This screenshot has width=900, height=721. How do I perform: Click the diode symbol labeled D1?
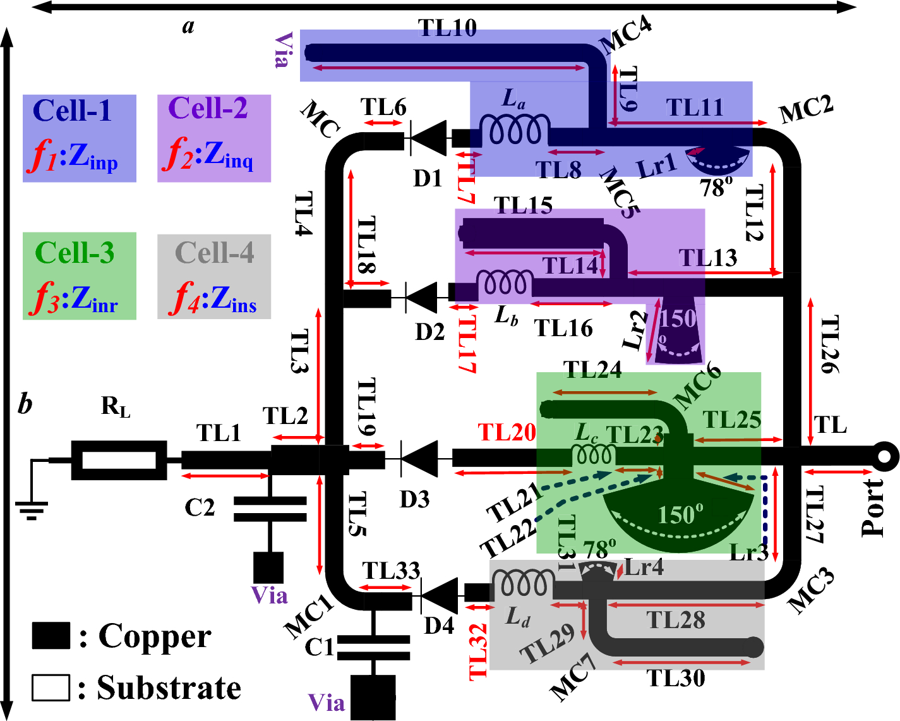(x=428, y=138)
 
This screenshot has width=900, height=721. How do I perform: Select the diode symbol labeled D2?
(x=420, y=296)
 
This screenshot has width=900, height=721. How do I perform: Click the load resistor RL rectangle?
(x=119, y=460)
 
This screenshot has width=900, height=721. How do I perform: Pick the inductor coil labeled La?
(x=513, y=130)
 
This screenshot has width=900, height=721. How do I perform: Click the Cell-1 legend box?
(x=80, y=138)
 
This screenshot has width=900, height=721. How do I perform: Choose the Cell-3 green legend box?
(x=80, y=276)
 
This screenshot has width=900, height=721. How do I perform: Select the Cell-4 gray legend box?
(x=214, y=276)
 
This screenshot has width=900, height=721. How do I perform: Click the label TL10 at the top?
(x=447, y=28)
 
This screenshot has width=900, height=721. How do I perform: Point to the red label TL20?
(x=507, y=432)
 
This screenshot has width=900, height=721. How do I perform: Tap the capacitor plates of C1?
(x=373, y=649)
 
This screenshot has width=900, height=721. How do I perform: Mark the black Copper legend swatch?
(x=51, y=636)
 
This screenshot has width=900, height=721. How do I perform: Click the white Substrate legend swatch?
(x=51, y=688)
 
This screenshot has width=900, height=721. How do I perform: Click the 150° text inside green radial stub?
(x=680, y=514)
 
